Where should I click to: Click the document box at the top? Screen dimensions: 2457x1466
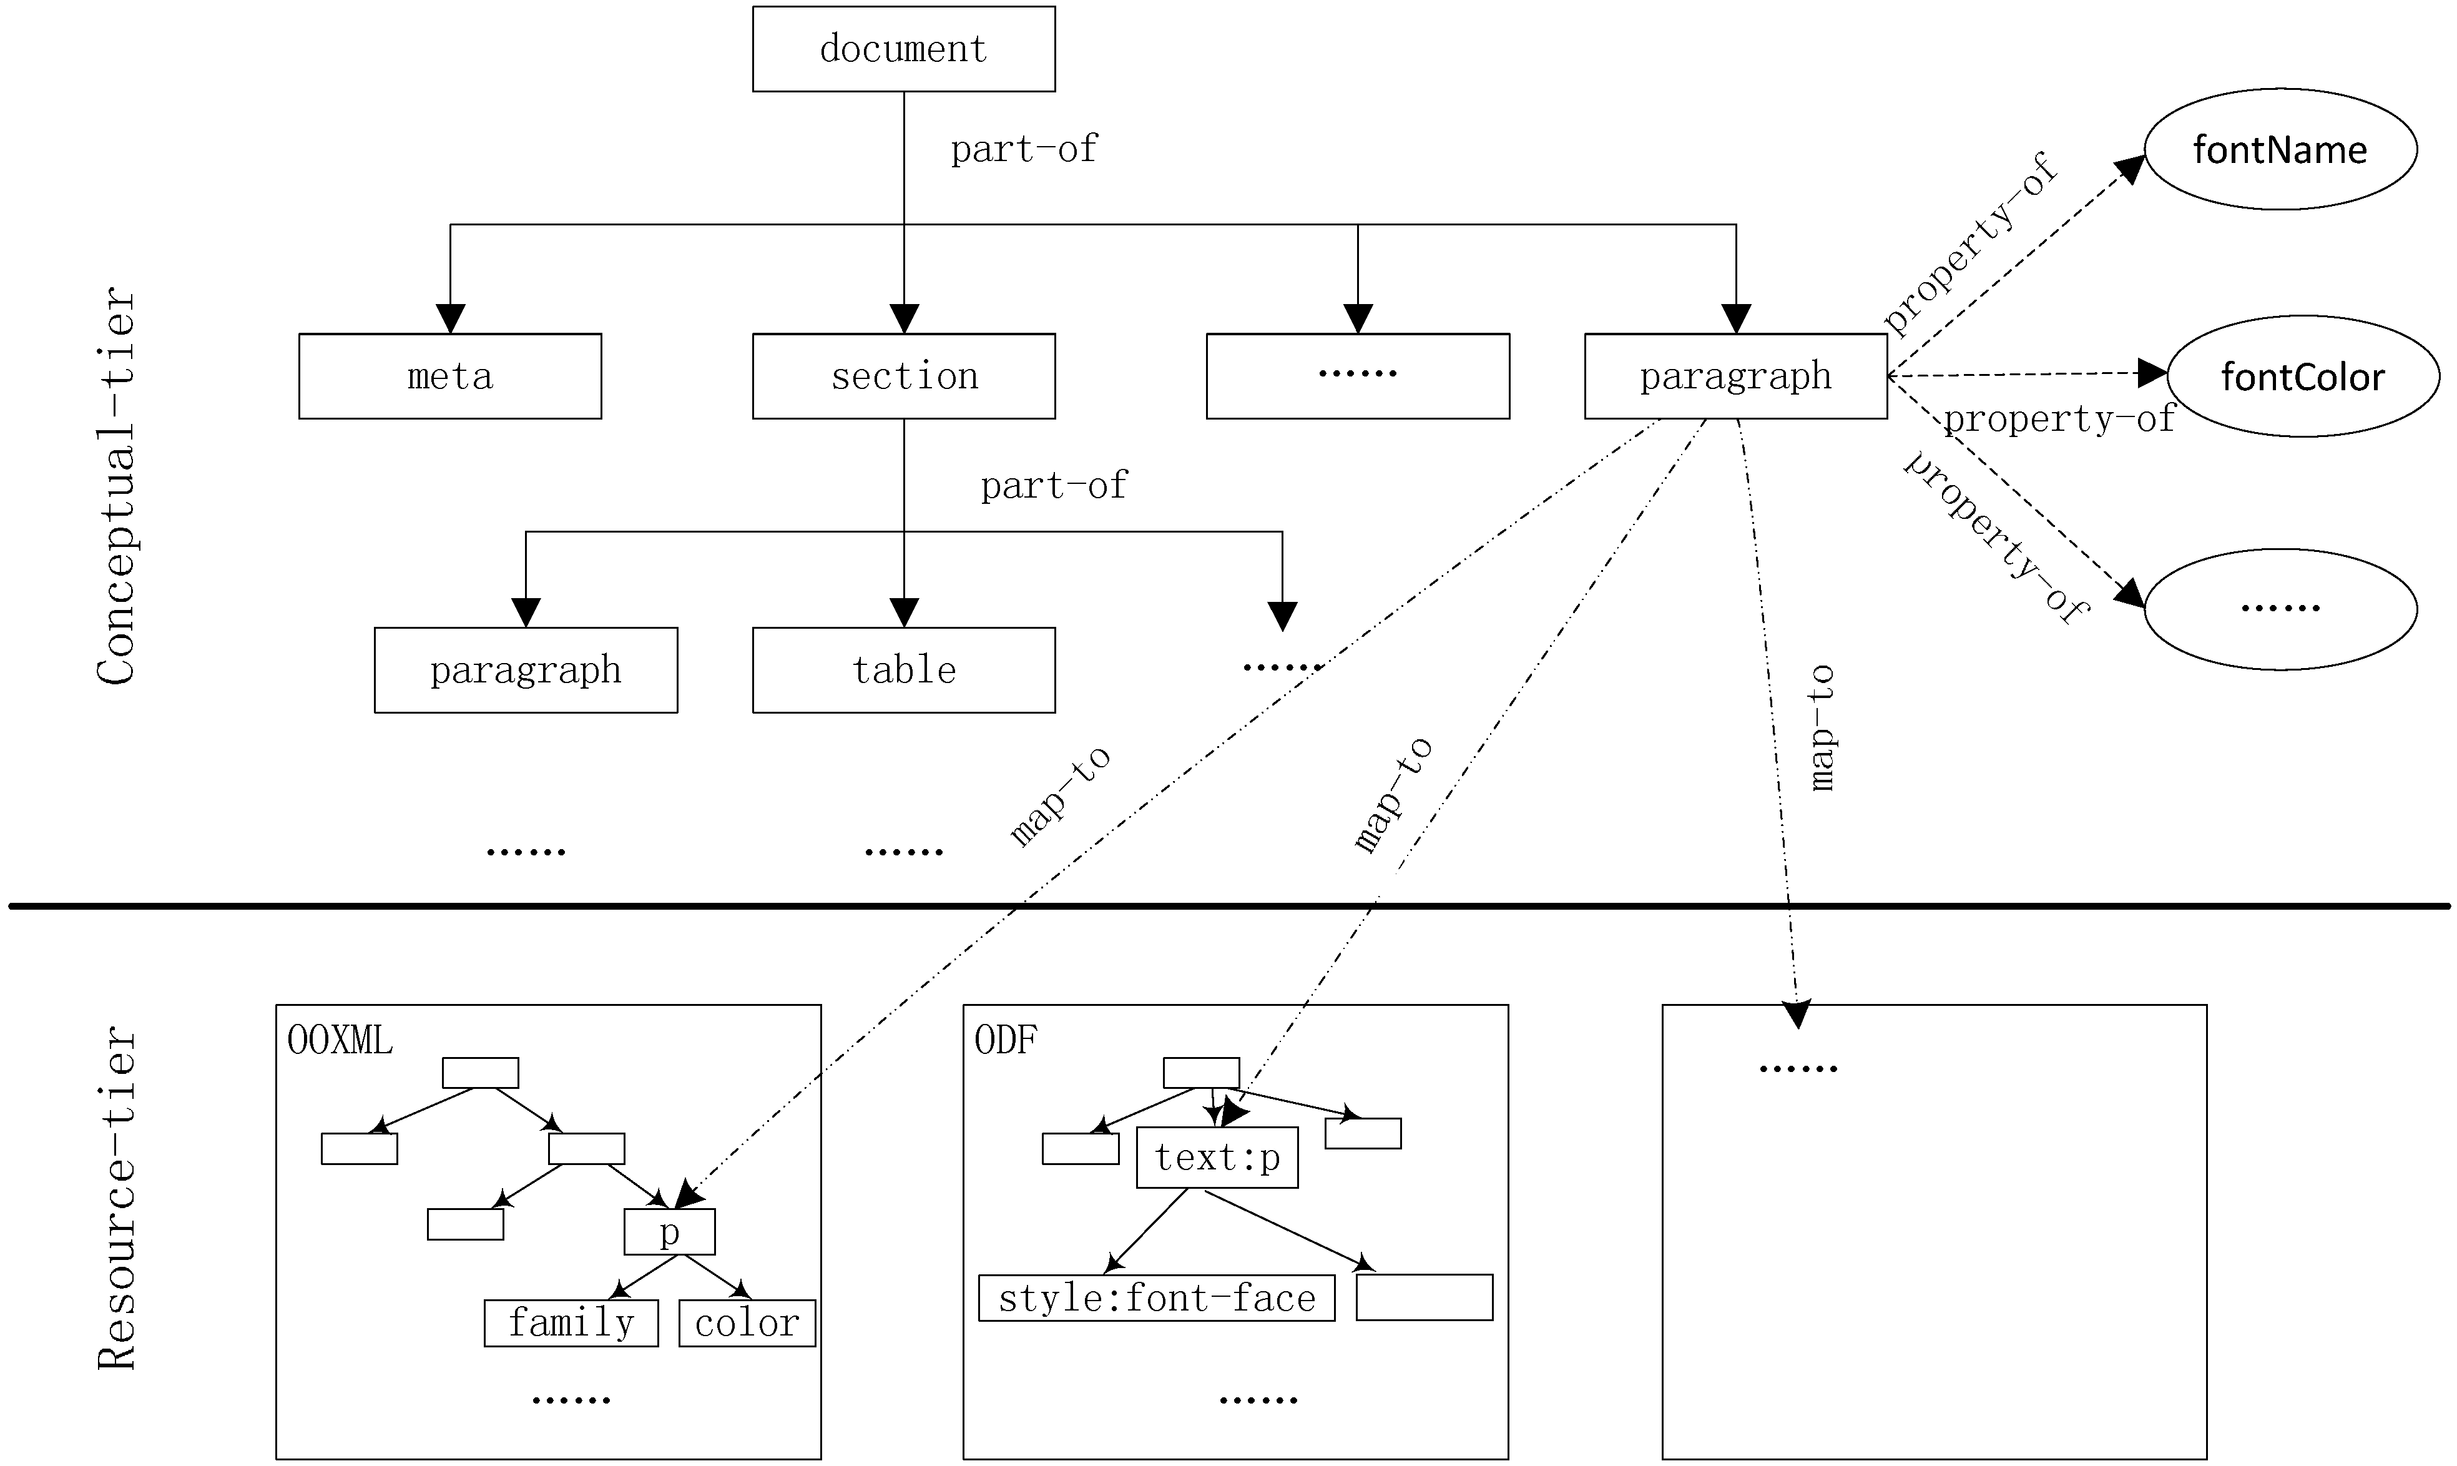coord(904,49)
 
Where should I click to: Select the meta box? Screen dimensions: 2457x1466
coord(450,376)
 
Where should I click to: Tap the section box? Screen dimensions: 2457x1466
coord(904,376)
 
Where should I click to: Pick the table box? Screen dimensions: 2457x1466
coord(904,670)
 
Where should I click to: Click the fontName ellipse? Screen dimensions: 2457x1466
coord(2280,149)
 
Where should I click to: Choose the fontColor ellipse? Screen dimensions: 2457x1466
coord(2303,376)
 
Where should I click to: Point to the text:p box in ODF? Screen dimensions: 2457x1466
coord(1217,1158)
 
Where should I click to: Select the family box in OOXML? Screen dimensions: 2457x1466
coord(571,1323)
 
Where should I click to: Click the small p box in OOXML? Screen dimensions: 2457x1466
coord(670,1232)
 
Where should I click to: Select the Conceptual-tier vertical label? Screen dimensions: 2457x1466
coord(117,486)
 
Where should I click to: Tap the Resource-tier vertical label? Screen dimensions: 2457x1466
coord(117,1198)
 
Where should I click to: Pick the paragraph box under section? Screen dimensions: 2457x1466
coord(526,670)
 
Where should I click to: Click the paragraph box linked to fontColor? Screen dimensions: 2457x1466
coord(1735,376)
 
